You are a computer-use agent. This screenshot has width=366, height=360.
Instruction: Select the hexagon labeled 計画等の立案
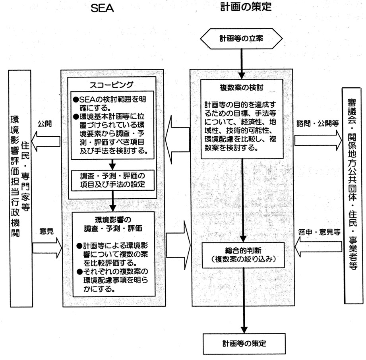point(241,39)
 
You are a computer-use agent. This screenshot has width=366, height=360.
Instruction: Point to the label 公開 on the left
point(45,124)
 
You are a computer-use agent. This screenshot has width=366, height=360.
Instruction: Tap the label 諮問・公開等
point(317,124)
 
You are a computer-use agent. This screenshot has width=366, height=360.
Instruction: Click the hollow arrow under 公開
point(46,139)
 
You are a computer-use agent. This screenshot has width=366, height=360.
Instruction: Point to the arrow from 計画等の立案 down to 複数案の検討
point(241,60)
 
